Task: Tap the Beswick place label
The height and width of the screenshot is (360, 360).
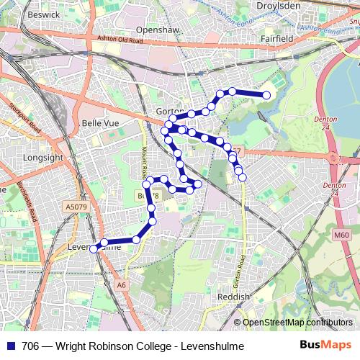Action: pyautogui.click(x=41, y=14)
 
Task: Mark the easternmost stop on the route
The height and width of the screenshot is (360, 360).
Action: pyautogui.click(x=266, y=95)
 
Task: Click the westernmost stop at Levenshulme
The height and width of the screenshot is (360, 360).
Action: pyautogui.click(x=93, y=248)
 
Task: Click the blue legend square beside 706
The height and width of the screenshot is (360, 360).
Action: pyautogui.click(x=12, y=346)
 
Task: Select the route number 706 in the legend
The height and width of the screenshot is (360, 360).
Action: pyautogui.click(x=31, y=346)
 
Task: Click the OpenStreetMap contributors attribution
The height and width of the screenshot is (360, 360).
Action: pyautogui.click(x=297, y=323)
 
